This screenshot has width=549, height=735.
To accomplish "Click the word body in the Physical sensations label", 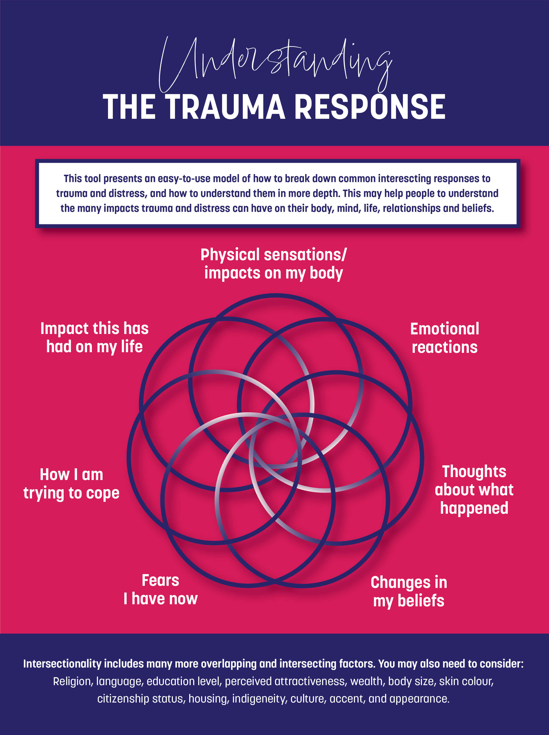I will (326, 273).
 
